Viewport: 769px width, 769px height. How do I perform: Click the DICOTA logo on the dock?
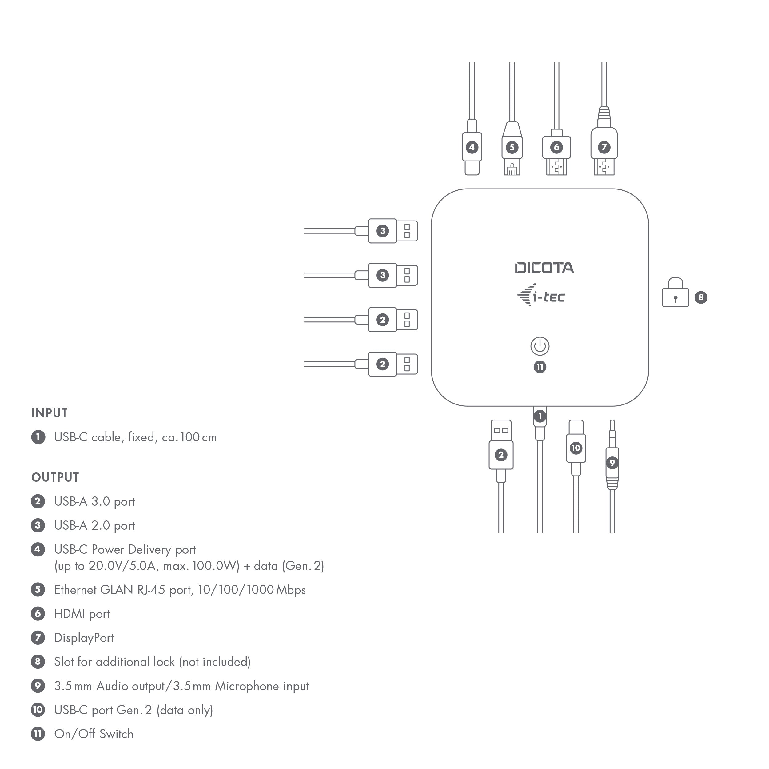click(544, 268)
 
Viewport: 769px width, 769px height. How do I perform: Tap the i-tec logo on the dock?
click(541, 296)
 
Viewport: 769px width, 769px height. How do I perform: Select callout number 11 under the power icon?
click(540, 367)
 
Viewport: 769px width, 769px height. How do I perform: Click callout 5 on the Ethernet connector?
click(512, 147)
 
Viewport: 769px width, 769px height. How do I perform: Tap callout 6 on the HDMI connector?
click(556, 147)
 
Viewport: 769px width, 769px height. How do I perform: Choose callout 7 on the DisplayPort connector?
click(604, 147)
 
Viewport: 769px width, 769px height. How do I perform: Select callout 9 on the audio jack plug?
click(612, 463)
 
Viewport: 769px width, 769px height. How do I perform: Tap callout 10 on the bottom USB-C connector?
click(576, 448)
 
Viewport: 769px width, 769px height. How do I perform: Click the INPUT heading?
click(49, 413)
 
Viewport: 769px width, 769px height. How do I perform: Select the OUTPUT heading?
click(55, 477)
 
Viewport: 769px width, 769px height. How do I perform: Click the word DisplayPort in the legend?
click(84, 638)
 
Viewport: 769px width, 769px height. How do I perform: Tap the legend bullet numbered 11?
click(38, 734)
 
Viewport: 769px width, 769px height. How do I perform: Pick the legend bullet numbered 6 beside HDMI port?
click(38, 613)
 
